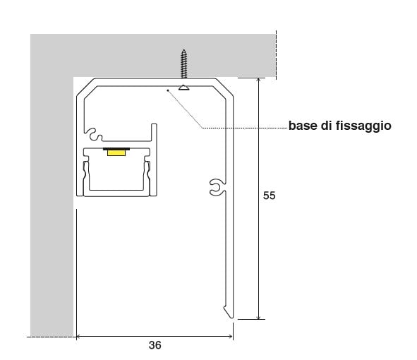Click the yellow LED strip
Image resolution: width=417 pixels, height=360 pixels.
[x=116, y=152]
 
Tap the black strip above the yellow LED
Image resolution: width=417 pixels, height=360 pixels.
[x=116, y=149]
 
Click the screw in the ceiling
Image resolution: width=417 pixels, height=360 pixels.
[x=183, y=64]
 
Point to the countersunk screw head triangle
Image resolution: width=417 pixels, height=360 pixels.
[x=183, y=88]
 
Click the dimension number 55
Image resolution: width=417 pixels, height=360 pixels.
[x=269, y=196]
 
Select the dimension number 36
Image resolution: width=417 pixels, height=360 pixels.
[x=155, y=345]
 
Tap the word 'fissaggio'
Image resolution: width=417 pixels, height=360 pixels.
[x=363, y=126]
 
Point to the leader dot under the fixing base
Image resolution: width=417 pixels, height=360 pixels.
[x=167, y=90]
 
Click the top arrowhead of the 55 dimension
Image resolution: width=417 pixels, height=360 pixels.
[x=258, y=80]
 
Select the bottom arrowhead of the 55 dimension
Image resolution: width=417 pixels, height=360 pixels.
[x=258, y=317]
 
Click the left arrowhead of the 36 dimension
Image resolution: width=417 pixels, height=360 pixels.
[x=78, y=337]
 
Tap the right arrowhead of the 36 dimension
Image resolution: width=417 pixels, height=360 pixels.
[x=231, y=337]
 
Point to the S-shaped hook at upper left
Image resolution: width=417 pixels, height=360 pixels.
[x=94, y=134]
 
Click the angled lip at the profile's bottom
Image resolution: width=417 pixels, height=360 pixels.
[x=228, y=312]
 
